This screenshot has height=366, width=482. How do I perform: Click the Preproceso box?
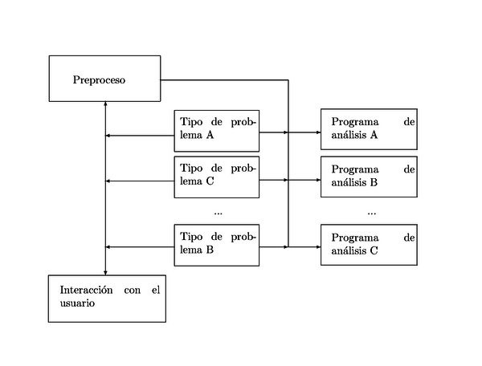[104, 78]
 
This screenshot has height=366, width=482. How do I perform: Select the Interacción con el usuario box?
[107, 298]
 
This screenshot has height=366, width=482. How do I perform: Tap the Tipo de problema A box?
[217, 130]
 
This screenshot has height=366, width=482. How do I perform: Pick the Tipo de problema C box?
[217, 176]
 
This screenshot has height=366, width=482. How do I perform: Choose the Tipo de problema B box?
[217, 244]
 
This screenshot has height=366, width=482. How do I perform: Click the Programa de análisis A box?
[369, 129]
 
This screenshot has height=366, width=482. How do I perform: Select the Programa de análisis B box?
[369, 176]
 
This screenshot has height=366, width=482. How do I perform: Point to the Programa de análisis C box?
[369, 245]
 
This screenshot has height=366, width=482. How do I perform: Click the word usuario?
[77, 303]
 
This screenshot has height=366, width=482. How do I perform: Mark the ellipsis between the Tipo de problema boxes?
[218, 213]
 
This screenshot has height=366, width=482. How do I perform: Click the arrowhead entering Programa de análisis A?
[317, 132]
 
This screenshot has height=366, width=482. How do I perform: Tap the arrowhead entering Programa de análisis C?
[317, 247]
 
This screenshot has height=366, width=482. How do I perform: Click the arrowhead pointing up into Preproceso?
[105, 105]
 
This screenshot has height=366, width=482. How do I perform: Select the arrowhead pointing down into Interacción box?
[105, 272]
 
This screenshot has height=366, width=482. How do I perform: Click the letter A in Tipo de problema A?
[210, 136]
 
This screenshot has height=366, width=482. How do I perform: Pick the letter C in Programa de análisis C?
[374, 252]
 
